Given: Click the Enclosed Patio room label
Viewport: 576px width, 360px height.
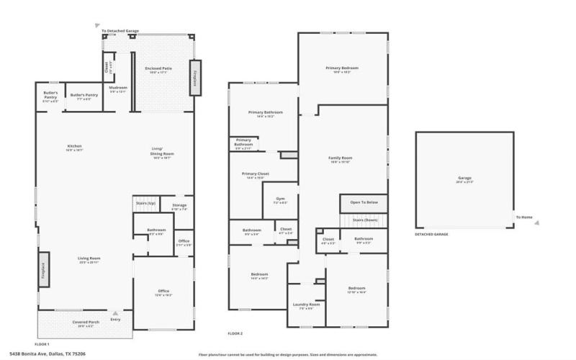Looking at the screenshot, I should coord(157,68).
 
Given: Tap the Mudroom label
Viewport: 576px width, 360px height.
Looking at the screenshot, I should coord(117,88).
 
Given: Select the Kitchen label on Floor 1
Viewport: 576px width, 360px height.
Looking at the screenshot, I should coord(75,146).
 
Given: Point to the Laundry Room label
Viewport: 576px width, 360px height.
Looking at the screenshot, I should coord(305,305).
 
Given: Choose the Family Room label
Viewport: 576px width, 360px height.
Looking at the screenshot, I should coord(340,158).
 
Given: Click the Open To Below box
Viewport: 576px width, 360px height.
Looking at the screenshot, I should coord(364,203).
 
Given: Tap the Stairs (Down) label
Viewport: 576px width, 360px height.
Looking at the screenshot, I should coord(365,220).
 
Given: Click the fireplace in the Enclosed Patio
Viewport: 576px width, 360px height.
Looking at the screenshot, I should coord(193,77).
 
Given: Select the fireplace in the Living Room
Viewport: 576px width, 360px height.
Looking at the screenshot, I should coord(43,269).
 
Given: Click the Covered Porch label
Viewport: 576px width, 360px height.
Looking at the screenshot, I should coord(86,322).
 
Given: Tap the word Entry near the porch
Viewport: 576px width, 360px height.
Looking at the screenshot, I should coord(116,319).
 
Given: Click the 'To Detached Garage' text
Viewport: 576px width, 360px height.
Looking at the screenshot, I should coord(120,31).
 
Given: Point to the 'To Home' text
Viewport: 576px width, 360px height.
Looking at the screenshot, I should coord(523,217).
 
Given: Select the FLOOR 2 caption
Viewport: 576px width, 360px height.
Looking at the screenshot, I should coord(235,334).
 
